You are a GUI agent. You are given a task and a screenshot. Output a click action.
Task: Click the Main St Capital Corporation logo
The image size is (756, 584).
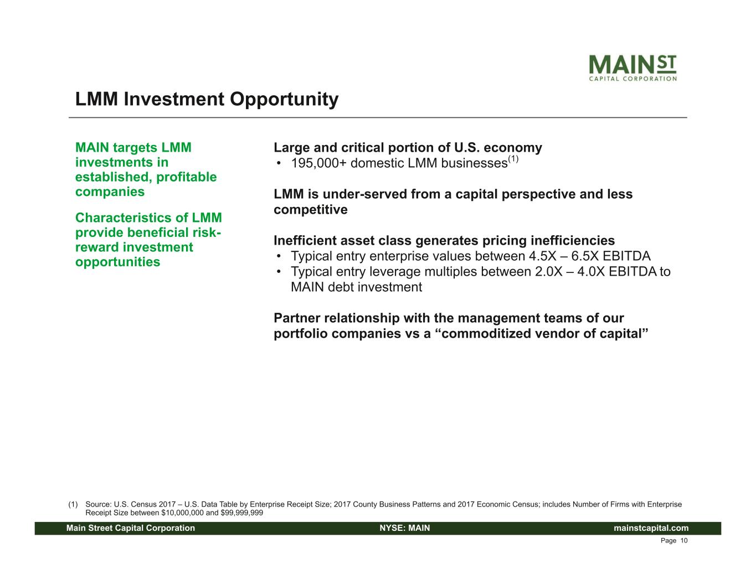632,68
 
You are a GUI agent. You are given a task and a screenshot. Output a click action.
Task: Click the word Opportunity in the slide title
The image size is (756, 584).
284,100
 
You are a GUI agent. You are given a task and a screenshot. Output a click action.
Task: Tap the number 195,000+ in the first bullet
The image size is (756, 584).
318,163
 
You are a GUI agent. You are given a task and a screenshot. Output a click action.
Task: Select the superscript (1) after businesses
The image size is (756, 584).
513,159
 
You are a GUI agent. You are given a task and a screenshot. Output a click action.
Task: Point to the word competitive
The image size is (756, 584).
310,210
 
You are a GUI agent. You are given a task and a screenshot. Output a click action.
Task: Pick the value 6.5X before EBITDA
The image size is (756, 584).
585,256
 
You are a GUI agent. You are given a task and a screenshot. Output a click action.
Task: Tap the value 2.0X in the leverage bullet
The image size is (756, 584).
549,271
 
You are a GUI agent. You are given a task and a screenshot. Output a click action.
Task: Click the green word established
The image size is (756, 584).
113,177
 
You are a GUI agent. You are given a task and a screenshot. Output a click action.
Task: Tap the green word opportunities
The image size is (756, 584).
117,262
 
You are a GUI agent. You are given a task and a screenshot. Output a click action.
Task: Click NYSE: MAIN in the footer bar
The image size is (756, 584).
405,528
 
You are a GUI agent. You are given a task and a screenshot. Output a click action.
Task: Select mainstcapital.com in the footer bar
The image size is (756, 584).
651,528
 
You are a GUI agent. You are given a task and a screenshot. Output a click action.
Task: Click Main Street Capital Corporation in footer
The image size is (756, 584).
131,528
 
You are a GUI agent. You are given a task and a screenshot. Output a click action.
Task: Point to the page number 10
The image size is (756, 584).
684,541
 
